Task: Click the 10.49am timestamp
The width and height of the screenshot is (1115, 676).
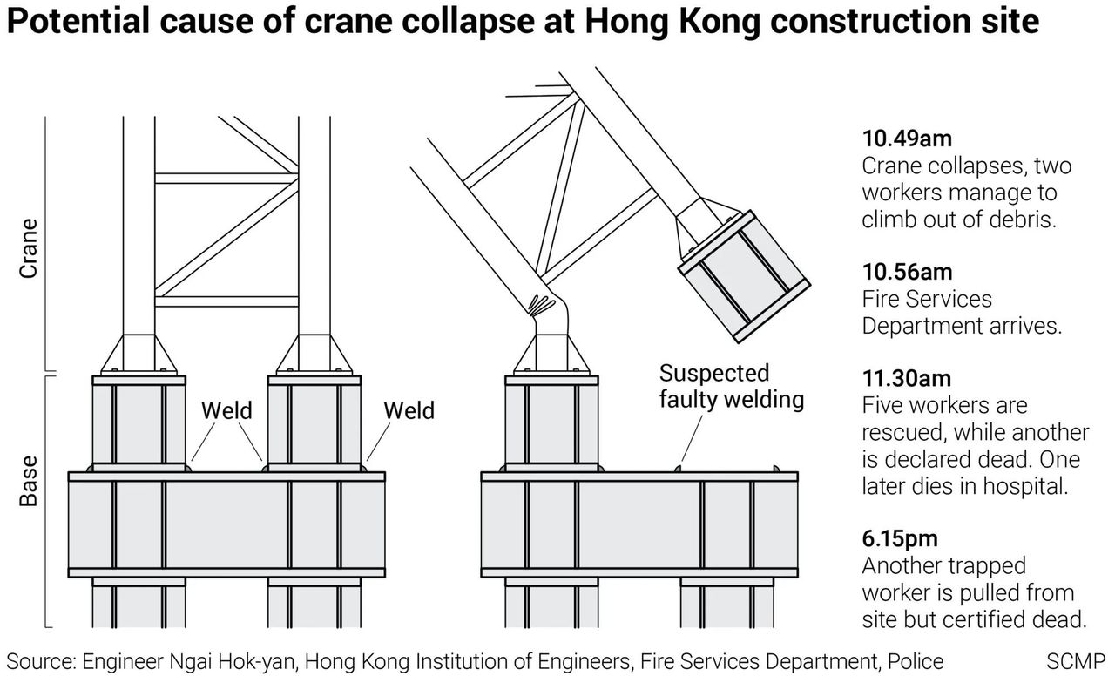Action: point(907,139)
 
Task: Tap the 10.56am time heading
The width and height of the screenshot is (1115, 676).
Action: point(907,272)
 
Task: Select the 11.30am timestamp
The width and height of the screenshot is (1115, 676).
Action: point(907,378)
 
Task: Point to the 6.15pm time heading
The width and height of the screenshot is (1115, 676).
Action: point(900,538)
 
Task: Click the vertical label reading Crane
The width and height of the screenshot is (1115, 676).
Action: point(29,248)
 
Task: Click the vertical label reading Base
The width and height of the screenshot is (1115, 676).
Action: point(29,481)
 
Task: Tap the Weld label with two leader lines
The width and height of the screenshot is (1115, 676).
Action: point(226,410)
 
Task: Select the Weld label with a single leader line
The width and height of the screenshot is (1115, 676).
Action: point(409,410)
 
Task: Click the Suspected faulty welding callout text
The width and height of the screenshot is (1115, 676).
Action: point(731,386)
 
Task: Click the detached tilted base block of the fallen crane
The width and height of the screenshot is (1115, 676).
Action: point(745,277)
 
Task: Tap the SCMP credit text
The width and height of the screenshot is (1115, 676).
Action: point(1076,661)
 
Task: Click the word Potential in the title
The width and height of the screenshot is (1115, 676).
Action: point(78,22)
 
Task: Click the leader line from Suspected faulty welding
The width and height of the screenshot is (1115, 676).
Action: point(692,438)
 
